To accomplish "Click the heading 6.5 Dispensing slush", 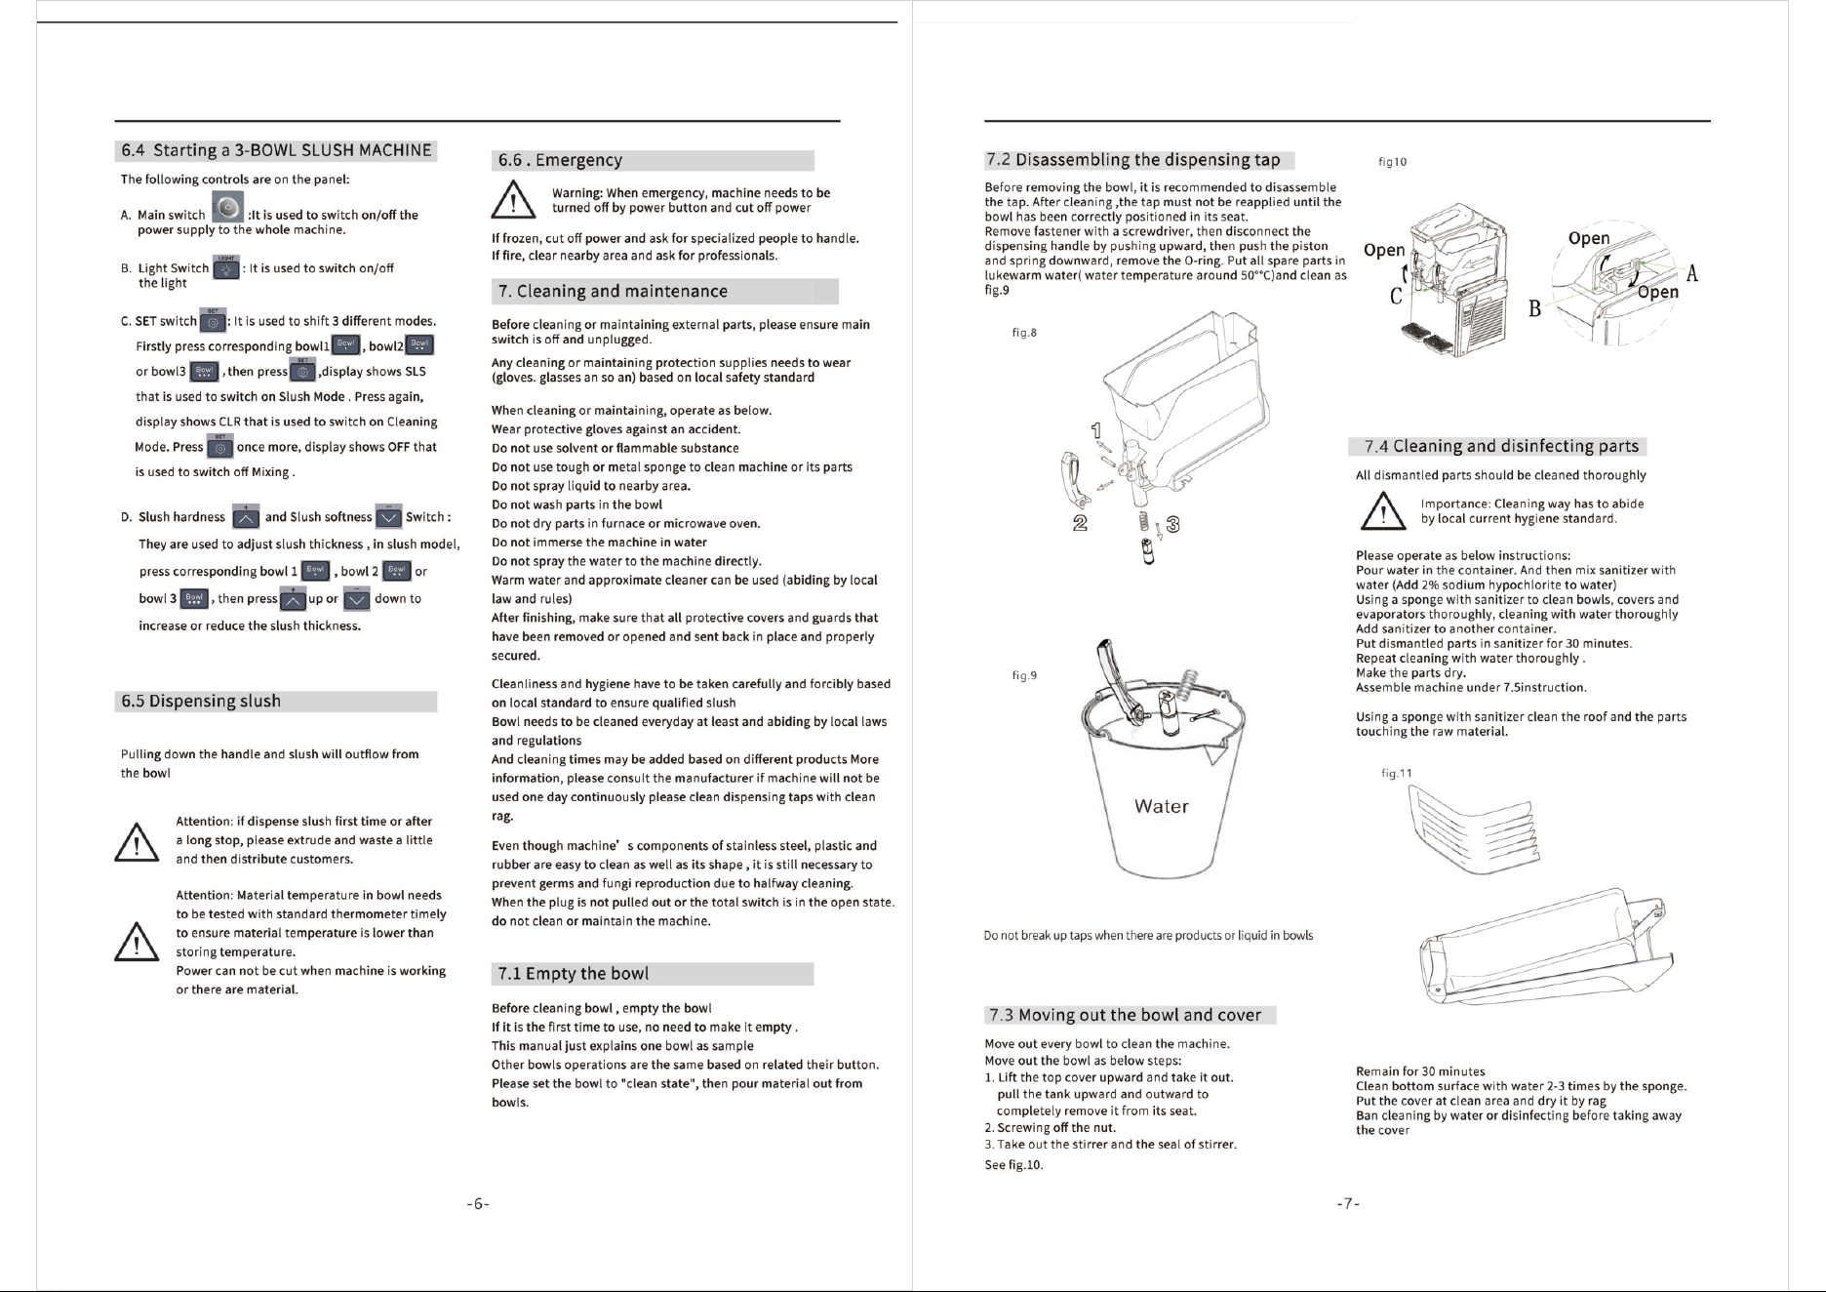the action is click(x=201, y=702).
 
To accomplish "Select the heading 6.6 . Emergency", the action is click(x=560, y=160).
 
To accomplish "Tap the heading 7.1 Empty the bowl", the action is click(x=574, y=974).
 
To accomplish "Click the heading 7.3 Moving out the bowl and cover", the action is click(x=1125, y=1015).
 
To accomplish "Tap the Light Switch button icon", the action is click(x=226, y=267).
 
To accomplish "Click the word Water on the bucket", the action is click(x=1162, y=807).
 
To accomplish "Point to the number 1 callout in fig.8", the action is click(x=1096, y=430).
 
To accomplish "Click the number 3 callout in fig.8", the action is click(x=1173, y=525).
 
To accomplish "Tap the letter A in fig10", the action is click(x=1692, y=274).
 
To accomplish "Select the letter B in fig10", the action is click(x=1535, y=309).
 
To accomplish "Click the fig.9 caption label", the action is click(x=1024, y=675).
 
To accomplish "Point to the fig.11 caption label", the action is click(x=1397, y=773).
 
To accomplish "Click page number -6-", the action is click(x=477, y=1204).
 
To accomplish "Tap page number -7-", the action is click(x=1347, y=1204).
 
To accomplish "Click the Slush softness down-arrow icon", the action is click(x=388, y=516).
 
